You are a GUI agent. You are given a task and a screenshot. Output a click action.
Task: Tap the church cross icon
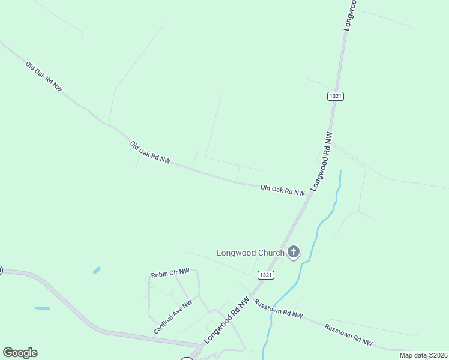tap(294, 252)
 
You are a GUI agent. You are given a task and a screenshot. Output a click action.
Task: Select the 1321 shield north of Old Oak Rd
tap(336, 96)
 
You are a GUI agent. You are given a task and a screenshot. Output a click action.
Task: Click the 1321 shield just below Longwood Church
tap(267, 275)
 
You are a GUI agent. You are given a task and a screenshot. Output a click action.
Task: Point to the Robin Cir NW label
tap(170, 273)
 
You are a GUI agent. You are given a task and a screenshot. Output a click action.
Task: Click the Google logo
tap(20, 353)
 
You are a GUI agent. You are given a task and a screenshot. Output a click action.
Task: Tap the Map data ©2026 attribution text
tap(423, 355)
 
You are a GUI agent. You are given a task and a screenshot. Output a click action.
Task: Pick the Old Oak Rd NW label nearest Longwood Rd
tap(282, 190)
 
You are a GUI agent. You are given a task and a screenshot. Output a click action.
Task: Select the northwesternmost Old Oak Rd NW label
tap(44, 76)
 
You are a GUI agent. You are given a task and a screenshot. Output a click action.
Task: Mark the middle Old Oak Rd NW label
tap(150, 152)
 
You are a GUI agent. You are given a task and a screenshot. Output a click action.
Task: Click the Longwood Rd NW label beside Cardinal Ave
tap(226, 321)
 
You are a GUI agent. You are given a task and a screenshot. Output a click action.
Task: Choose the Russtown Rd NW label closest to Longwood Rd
tap(279, 309)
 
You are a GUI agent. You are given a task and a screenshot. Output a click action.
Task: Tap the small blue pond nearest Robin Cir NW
tap(97, 271)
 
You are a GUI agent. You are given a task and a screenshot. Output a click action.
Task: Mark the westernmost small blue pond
tap(42, 308)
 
